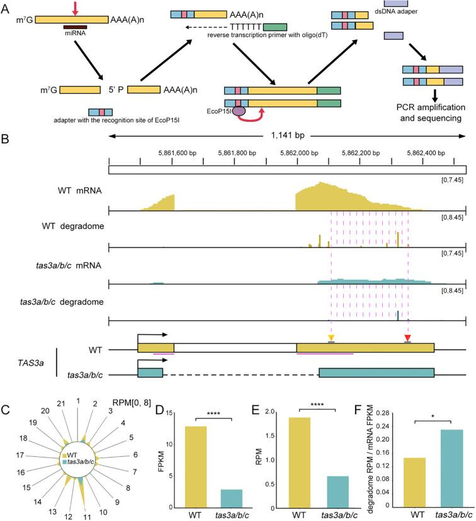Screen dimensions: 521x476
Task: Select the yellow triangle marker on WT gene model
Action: pyautogui.click(x=331, y=339)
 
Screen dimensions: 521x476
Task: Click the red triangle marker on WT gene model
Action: pyautogui.click(x=407, y=339)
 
